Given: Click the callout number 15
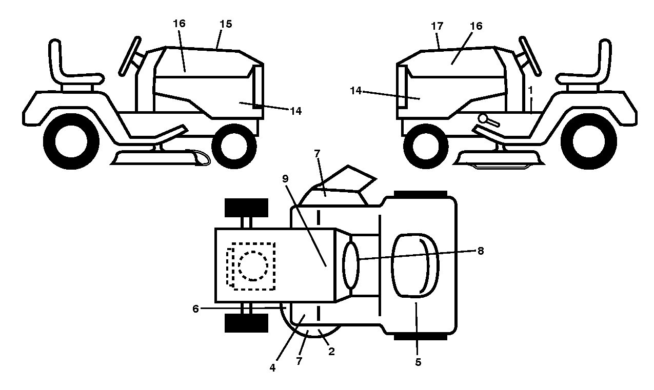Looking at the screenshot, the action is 226,24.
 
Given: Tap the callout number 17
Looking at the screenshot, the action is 437,26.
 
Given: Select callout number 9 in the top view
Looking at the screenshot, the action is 285,178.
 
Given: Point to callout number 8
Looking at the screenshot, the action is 480,251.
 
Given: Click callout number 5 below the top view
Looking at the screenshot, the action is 418,362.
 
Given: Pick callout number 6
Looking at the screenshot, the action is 195,309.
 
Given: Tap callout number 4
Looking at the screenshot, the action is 272,368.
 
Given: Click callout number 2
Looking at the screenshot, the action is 331,352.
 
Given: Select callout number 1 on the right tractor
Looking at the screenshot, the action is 530,90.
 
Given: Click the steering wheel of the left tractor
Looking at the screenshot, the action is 130,56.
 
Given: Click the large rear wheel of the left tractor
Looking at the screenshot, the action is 71,141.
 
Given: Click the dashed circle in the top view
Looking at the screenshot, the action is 253,266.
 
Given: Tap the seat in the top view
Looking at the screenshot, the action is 415,265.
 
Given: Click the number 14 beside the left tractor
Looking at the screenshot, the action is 295,111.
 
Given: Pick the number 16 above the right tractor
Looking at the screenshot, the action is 476,26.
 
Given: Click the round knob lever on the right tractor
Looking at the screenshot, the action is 488,120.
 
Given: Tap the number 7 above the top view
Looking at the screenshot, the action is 317,153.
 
